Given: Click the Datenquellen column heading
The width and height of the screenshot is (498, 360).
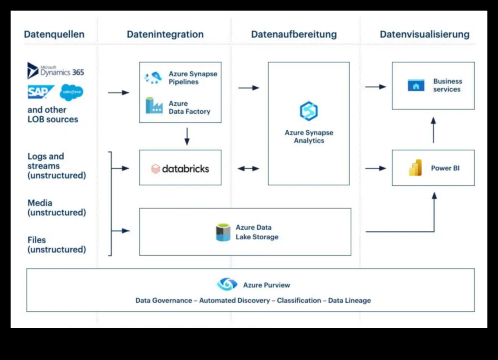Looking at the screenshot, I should (x=54, y=34).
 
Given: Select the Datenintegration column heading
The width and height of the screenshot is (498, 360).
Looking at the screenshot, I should (x=165, y=34).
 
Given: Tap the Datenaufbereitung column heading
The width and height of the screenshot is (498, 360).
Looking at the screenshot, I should (x=294, y=34).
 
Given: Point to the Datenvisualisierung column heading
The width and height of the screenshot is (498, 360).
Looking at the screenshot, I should (x=424, y=34).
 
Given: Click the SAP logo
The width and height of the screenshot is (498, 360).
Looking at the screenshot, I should (x=40, y=92).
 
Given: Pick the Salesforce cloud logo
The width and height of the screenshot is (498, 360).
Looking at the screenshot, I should (x=72, y=92).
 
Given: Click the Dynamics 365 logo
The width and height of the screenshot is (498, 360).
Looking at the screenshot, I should (x=55, y=70).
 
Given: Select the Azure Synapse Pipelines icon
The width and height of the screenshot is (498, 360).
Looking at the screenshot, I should (x=153, y=78).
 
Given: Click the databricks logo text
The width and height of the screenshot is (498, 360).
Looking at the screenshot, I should (x=180, y=169).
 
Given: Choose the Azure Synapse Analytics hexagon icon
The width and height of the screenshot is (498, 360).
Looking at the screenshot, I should (x=308, y=111).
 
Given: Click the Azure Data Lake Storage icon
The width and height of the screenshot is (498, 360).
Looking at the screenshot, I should (x=223, y=232).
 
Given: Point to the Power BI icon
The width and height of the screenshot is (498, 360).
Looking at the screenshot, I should (x=415, y=168).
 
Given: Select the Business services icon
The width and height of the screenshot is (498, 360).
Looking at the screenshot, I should (x=416, y=85).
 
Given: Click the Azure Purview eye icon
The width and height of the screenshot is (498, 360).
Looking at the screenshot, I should (x=227, y=284).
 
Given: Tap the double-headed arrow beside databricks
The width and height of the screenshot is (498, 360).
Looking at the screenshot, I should (x=248, y=168).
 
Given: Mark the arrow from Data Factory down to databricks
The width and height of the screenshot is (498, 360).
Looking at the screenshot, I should (x=186, y=136).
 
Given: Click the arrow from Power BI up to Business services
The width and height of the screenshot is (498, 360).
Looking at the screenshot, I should (x=433, y=130).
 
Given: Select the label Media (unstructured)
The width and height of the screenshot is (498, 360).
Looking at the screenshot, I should (x=56, y=208).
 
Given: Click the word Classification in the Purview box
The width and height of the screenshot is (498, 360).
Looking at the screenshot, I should (x=299, y=300).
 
